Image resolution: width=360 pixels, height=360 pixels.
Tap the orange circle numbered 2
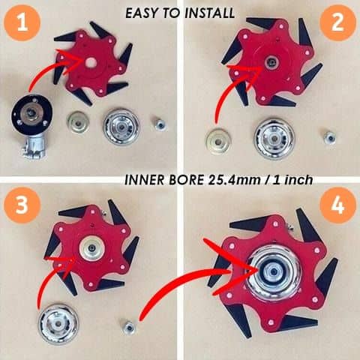(x=337, y=24)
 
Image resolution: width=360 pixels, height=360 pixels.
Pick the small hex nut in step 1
(x=160, y=124)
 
